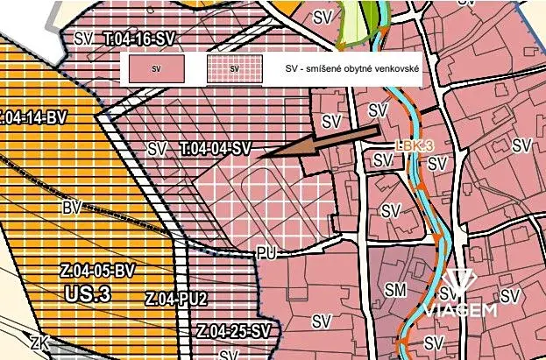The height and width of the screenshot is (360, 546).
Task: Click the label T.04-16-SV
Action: [138, 39]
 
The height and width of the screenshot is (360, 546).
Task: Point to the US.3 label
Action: [88, 294]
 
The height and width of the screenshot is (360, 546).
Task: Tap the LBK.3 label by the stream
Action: [415, 145]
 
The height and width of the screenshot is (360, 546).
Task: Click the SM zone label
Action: [396, 289]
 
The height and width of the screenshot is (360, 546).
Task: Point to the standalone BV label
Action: [72, 208]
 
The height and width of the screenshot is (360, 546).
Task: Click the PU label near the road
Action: [267, 252]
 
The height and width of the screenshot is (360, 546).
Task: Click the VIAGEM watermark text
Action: [461, 308]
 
